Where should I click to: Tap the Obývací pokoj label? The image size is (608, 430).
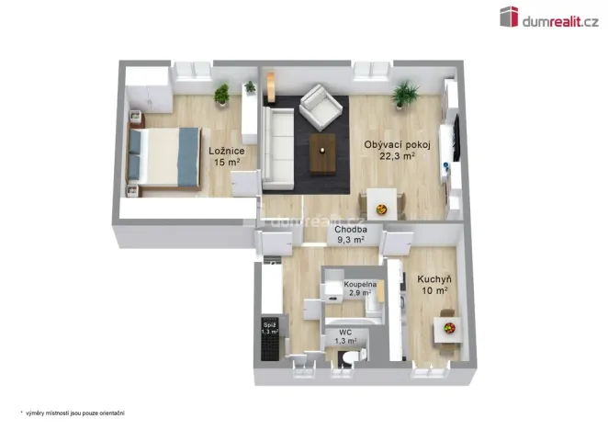(389, 143)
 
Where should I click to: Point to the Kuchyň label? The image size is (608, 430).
(433, 278)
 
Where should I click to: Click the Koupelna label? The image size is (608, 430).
(358, 285)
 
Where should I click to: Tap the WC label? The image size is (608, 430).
(345, 332)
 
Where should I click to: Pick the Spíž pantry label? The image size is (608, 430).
(270, 324)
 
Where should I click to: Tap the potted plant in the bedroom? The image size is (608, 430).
(221, 93)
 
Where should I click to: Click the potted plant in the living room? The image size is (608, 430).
(404, 93)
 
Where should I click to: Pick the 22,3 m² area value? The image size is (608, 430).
(397, 156)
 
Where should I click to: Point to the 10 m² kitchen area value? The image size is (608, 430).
(433, 291)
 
